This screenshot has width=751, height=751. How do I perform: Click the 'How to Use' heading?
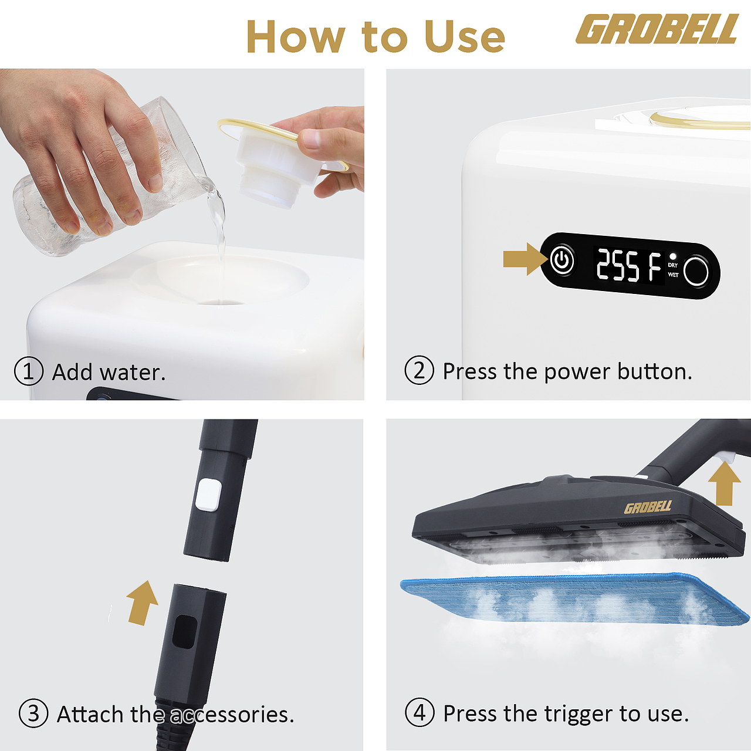pyautogui.click(x=375, y=36)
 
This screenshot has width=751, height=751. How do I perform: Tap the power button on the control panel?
pyautogui.click(x=561, y=259)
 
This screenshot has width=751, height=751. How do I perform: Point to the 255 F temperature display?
pyautogui.click(x=628, y=266)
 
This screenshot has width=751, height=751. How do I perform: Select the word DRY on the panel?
pyautogui.click(x=673, y=265)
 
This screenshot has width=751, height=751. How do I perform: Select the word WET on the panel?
pyautogui.click(x=674, y=275)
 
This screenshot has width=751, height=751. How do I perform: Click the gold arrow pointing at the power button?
pyautogui.click(x=525, y=259)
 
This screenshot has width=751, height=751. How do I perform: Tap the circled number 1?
pyautogui.click(x=28, y=371)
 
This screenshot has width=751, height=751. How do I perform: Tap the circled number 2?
pyautogui.click(x=419, y=371)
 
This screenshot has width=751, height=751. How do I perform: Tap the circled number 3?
pyautogui.click(x=33, y=713)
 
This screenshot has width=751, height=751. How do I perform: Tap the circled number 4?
pyautogui.click(x=420, y=713)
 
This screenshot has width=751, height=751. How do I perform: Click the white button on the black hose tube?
pyautogui.click(x=209, y=495)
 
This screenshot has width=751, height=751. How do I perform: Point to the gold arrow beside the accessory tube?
pyautogui.click(x=142, y=603)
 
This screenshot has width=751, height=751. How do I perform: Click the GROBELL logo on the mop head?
pyautogui.click(x=648, y=507)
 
